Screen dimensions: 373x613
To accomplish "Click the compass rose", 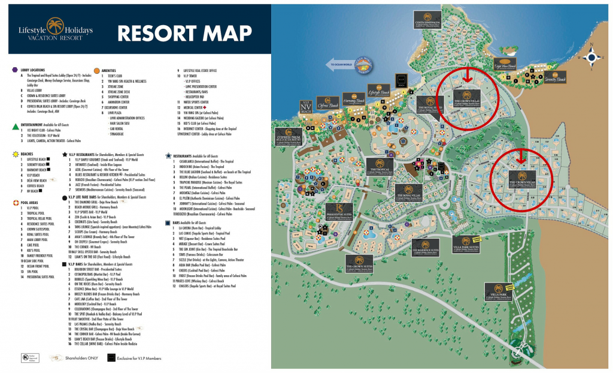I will click(593, 58).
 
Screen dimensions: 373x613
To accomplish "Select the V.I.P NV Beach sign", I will click(306, 107).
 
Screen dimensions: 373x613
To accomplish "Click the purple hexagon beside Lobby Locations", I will click(14, 70).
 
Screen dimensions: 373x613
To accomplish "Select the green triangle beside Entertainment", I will click(14, 127).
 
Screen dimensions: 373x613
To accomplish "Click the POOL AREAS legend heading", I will click(31, 203).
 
